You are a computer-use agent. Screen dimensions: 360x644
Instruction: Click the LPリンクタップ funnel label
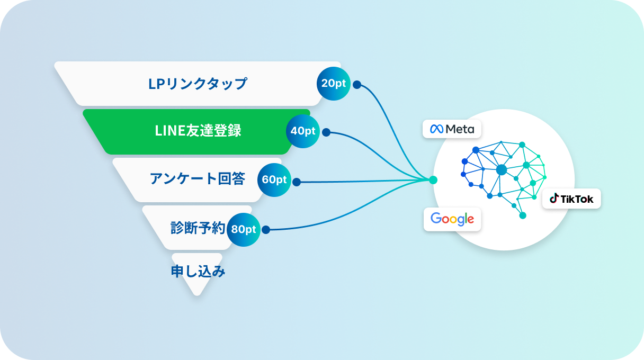pos(198,84)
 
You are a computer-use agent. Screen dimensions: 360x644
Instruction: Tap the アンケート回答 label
pos(197,179)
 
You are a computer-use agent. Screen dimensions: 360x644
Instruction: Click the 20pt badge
pos(333,84)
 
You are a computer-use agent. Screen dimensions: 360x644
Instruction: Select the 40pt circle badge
pos(303,131)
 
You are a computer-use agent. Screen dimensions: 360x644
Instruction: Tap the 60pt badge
pos(274,179)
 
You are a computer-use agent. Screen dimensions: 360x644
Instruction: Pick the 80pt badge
pos(244,229)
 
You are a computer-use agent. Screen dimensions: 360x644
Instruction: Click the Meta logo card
pos(452,129)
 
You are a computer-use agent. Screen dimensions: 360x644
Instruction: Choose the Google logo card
pos(452,219)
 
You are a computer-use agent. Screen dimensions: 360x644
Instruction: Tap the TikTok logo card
pos(571,199)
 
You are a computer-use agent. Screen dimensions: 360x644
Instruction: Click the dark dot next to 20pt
pos(357,84)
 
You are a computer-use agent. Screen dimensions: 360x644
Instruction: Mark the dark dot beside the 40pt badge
pos(326,132)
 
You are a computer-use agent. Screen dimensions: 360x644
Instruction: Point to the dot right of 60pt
pos(297,182)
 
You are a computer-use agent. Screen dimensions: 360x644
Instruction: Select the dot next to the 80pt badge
pos(266,230)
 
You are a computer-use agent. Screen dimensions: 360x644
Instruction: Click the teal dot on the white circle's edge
pos(434,180)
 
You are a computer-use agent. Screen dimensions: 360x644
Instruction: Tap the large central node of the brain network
pos(502,169)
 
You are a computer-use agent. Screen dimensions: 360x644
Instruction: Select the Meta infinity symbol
pos(436,129)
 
